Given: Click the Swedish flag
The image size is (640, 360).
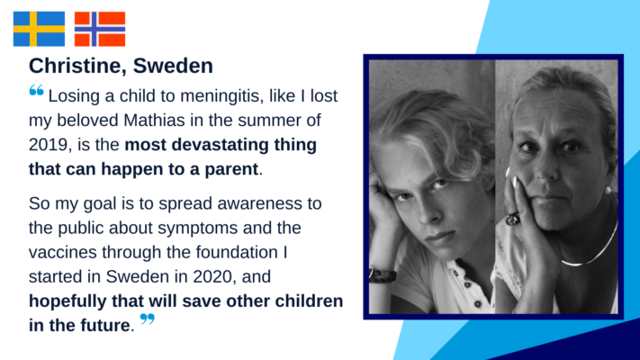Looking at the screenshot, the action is coord(39,29).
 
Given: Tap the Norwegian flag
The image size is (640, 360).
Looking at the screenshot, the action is coord(100,29).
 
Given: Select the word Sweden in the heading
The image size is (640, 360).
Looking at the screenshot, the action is coord(173,66).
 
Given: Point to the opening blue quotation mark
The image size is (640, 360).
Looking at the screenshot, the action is coord(36,90).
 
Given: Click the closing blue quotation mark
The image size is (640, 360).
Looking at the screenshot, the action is coord(148,319).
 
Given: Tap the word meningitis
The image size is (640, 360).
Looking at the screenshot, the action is coord(219,96).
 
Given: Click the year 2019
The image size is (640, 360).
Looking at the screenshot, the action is coord(48,145).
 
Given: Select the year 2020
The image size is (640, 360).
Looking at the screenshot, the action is coord(212,276).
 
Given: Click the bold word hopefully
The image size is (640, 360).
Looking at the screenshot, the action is coord(68,301).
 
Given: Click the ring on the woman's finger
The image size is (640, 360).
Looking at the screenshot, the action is coord(513,219).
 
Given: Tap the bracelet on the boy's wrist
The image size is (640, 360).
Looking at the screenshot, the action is coord(383,274).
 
